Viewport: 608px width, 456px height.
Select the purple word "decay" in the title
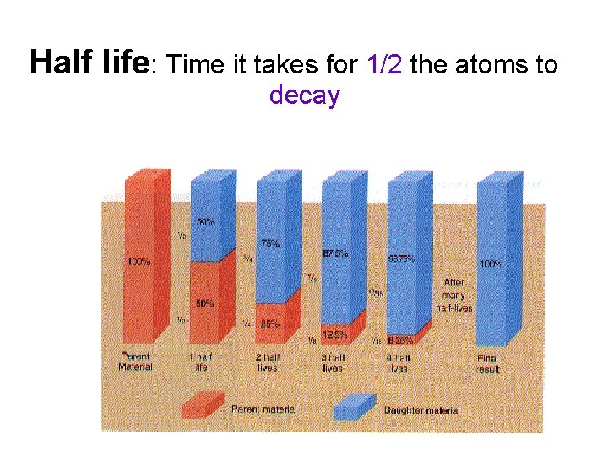(304, 95)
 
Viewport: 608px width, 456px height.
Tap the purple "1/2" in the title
(384, 64)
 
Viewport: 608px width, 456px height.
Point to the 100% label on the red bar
(139, 262)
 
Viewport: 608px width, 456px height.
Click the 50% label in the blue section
(204, 222)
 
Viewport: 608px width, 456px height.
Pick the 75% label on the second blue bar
(270, 243)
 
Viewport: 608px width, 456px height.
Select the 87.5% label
(335, 253)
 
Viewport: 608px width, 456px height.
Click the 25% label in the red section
(270, 323)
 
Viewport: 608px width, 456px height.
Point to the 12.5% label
(335, 334)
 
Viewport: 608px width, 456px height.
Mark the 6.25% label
(399, 340)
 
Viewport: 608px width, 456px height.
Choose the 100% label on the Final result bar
(491, 263)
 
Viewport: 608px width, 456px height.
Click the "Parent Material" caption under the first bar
(136, 361)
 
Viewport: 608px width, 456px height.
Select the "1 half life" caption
(201, 362)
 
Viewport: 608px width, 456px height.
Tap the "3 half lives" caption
(333, 362)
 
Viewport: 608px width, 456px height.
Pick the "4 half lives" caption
(397, 362)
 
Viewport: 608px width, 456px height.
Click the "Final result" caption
(488, 364)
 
